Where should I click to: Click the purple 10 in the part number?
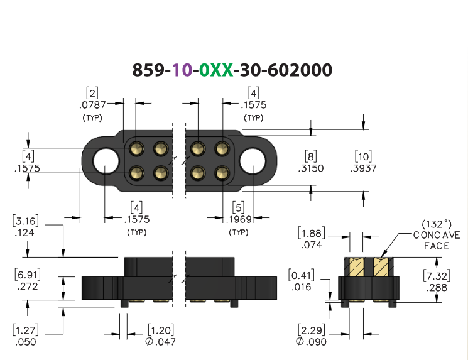coord(182,70)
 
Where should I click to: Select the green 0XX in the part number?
coord(216,70)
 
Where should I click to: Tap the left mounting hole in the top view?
coord(106,161)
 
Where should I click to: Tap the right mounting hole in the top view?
coord(253,161)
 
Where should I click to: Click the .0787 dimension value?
coord(92,105)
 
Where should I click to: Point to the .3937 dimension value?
coord(363,168)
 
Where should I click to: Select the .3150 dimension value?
coord(311,168)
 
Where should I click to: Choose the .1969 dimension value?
coord(239,219)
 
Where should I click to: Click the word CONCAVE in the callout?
coord(437,235)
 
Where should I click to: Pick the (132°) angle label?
coord(437,224)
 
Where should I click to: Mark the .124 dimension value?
coord(24,232)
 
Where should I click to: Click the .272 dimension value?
coord(28,286)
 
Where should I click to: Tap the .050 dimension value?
coord(26,342)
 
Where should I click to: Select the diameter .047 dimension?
coord(161,342)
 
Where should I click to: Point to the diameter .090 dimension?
coord(312,342)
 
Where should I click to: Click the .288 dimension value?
coord(437,288)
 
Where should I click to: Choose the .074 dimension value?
coord(312,245)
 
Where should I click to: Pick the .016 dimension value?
coord(301,287)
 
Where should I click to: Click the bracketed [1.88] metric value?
coord(312,233)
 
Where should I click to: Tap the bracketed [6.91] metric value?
coord(28,275)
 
